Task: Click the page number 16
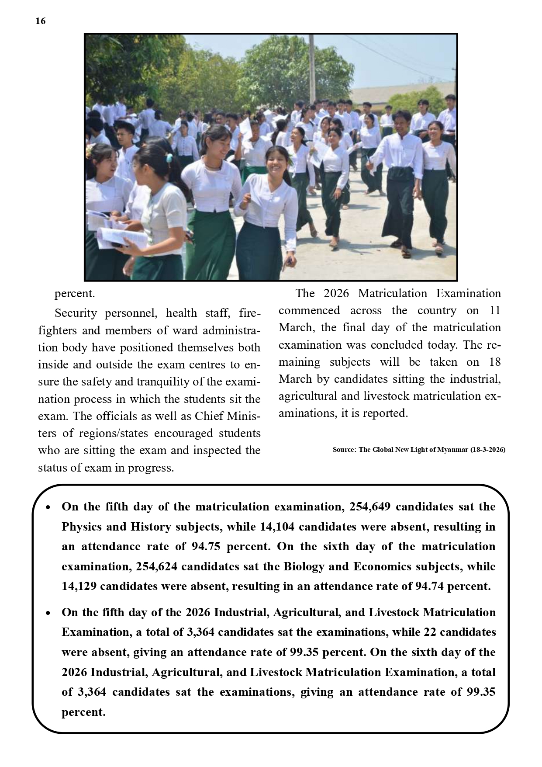click(x=40, y=21)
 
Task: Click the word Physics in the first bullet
click(x=82, y=527)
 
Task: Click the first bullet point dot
click(x=48, y=508)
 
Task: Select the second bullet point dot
click(x=48, y=613)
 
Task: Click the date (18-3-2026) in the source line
click(x=487, y=449)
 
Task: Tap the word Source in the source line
click(x=344, y=449)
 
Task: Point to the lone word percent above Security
click(x=74, y=294)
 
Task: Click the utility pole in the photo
click(x=312, y=66)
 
